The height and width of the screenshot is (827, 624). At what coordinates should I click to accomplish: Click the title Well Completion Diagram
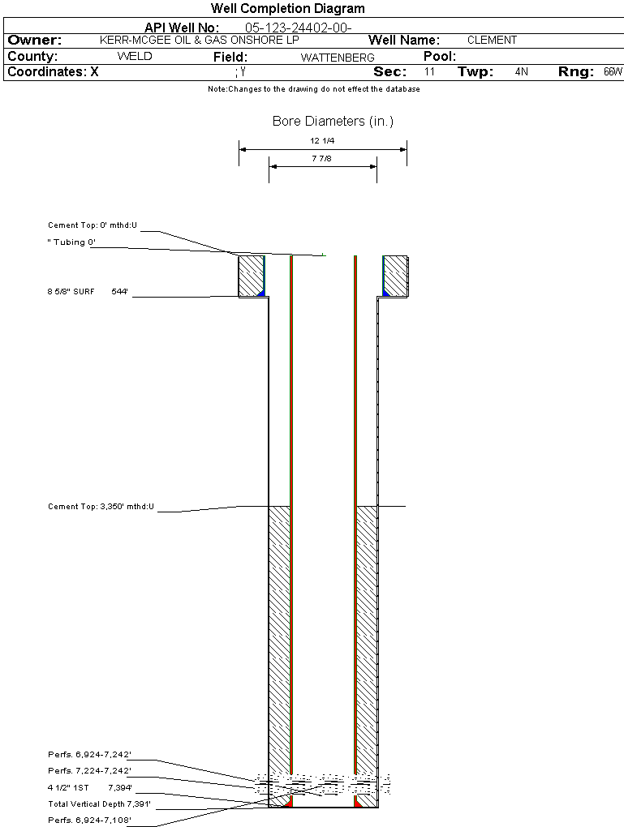[288, 8]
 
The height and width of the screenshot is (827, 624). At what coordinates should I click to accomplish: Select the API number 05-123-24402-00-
[299, 28]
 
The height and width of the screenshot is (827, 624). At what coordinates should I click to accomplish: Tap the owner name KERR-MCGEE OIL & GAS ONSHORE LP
[200, 40]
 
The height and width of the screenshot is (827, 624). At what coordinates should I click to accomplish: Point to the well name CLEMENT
[492, 40]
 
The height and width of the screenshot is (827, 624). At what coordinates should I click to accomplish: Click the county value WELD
[135, 57]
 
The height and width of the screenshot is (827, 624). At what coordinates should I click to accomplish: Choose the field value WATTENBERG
[338, 58]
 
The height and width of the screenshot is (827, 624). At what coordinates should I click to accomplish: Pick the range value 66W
[613, 71]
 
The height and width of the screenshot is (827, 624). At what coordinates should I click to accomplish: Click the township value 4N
[521, 71]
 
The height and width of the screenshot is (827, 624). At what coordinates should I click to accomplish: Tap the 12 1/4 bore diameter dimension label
[322, 141]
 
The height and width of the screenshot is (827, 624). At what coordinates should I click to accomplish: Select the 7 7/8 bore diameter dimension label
[321, 158]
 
